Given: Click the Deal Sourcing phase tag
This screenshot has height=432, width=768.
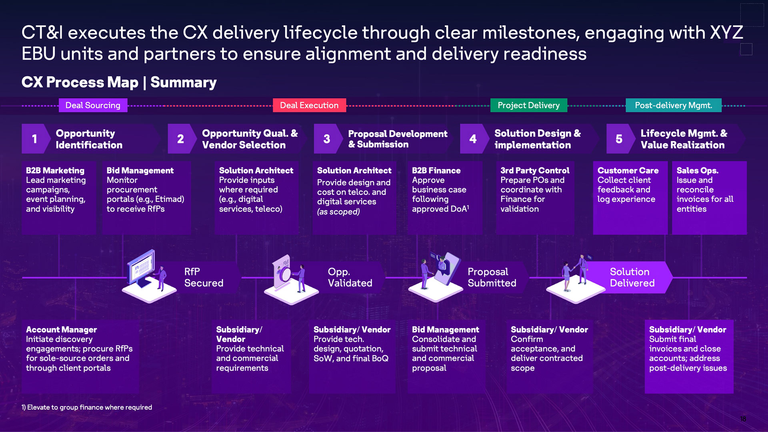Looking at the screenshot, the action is (x=93, y=105).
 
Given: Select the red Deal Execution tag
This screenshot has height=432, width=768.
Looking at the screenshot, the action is (x=309, y=105).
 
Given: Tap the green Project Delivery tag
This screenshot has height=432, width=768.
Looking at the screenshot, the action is (x=528, y=105).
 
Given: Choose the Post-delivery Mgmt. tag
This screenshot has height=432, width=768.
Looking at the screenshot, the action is (x=674, y=105).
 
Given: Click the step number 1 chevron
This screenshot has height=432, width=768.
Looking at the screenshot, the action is (x=35, y=139).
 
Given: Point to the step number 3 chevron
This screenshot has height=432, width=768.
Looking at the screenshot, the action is (x=327, y=139).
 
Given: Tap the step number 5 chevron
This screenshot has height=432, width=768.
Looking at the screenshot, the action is (x=619, y=139).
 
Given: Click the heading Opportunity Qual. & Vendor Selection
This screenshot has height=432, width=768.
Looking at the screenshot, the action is (x=250, y=139).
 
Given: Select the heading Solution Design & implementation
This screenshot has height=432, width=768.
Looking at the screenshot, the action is (x=537, y=139).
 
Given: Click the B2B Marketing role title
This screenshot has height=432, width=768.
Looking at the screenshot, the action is (x=55, y=170).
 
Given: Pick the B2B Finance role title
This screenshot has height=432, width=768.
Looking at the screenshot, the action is (x=436, y=170).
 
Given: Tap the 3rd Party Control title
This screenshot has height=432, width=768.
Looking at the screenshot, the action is (x=535, y=170).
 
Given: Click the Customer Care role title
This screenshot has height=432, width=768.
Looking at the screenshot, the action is (x=628, y=170).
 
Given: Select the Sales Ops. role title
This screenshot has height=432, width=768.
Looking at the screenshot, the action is (x=697, y=170).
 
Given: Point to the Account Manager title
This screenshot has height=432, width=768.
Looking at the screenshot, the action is (x=61, y=330).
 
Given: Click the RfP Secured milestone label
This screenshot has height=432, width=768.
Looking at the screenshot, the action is (x=204, y=277).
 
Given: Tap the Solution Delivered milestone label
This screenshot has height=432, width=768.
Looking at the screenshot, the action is (x=632, y=277).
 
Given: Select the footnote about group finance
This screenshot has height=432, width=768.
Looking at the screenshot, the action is (x=87, y=407).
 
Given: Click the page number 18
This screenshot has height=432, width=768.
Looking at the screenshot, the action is (x=743, y=419).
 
